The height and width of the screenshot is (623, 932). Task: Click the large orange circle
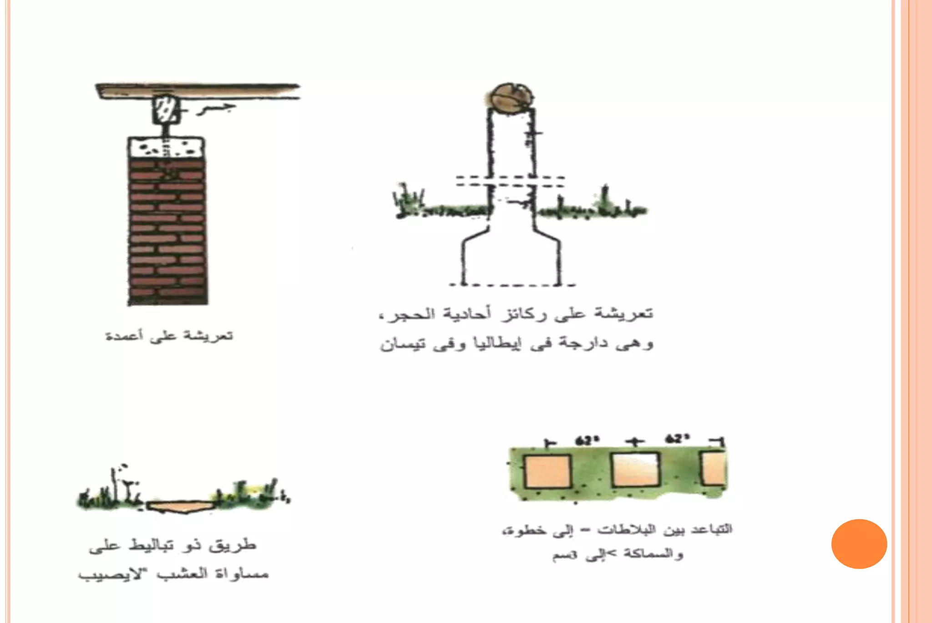(859, 544)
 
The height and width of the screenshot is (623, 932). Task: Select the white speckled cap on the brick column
(166, 147)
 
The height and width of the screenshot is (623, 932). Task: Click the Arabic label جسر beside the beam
(217, 110)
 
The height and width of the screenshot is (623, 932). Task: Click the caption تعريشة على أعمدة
(169, 336)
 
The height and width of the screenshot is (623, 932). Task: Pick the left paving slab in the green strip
(547, 471)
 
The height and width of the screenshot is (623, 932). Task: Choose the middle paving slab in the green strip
(635, 470)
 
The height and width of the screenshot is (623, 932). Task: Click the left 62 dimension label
(588, 441)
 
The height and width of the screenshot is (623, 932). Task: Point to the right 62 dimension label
(678, 439)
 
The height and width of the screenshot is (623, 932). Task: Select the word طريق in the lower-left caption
(233, 545)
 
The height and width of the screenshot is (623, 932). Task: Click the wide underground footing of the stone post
(511, 259)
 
